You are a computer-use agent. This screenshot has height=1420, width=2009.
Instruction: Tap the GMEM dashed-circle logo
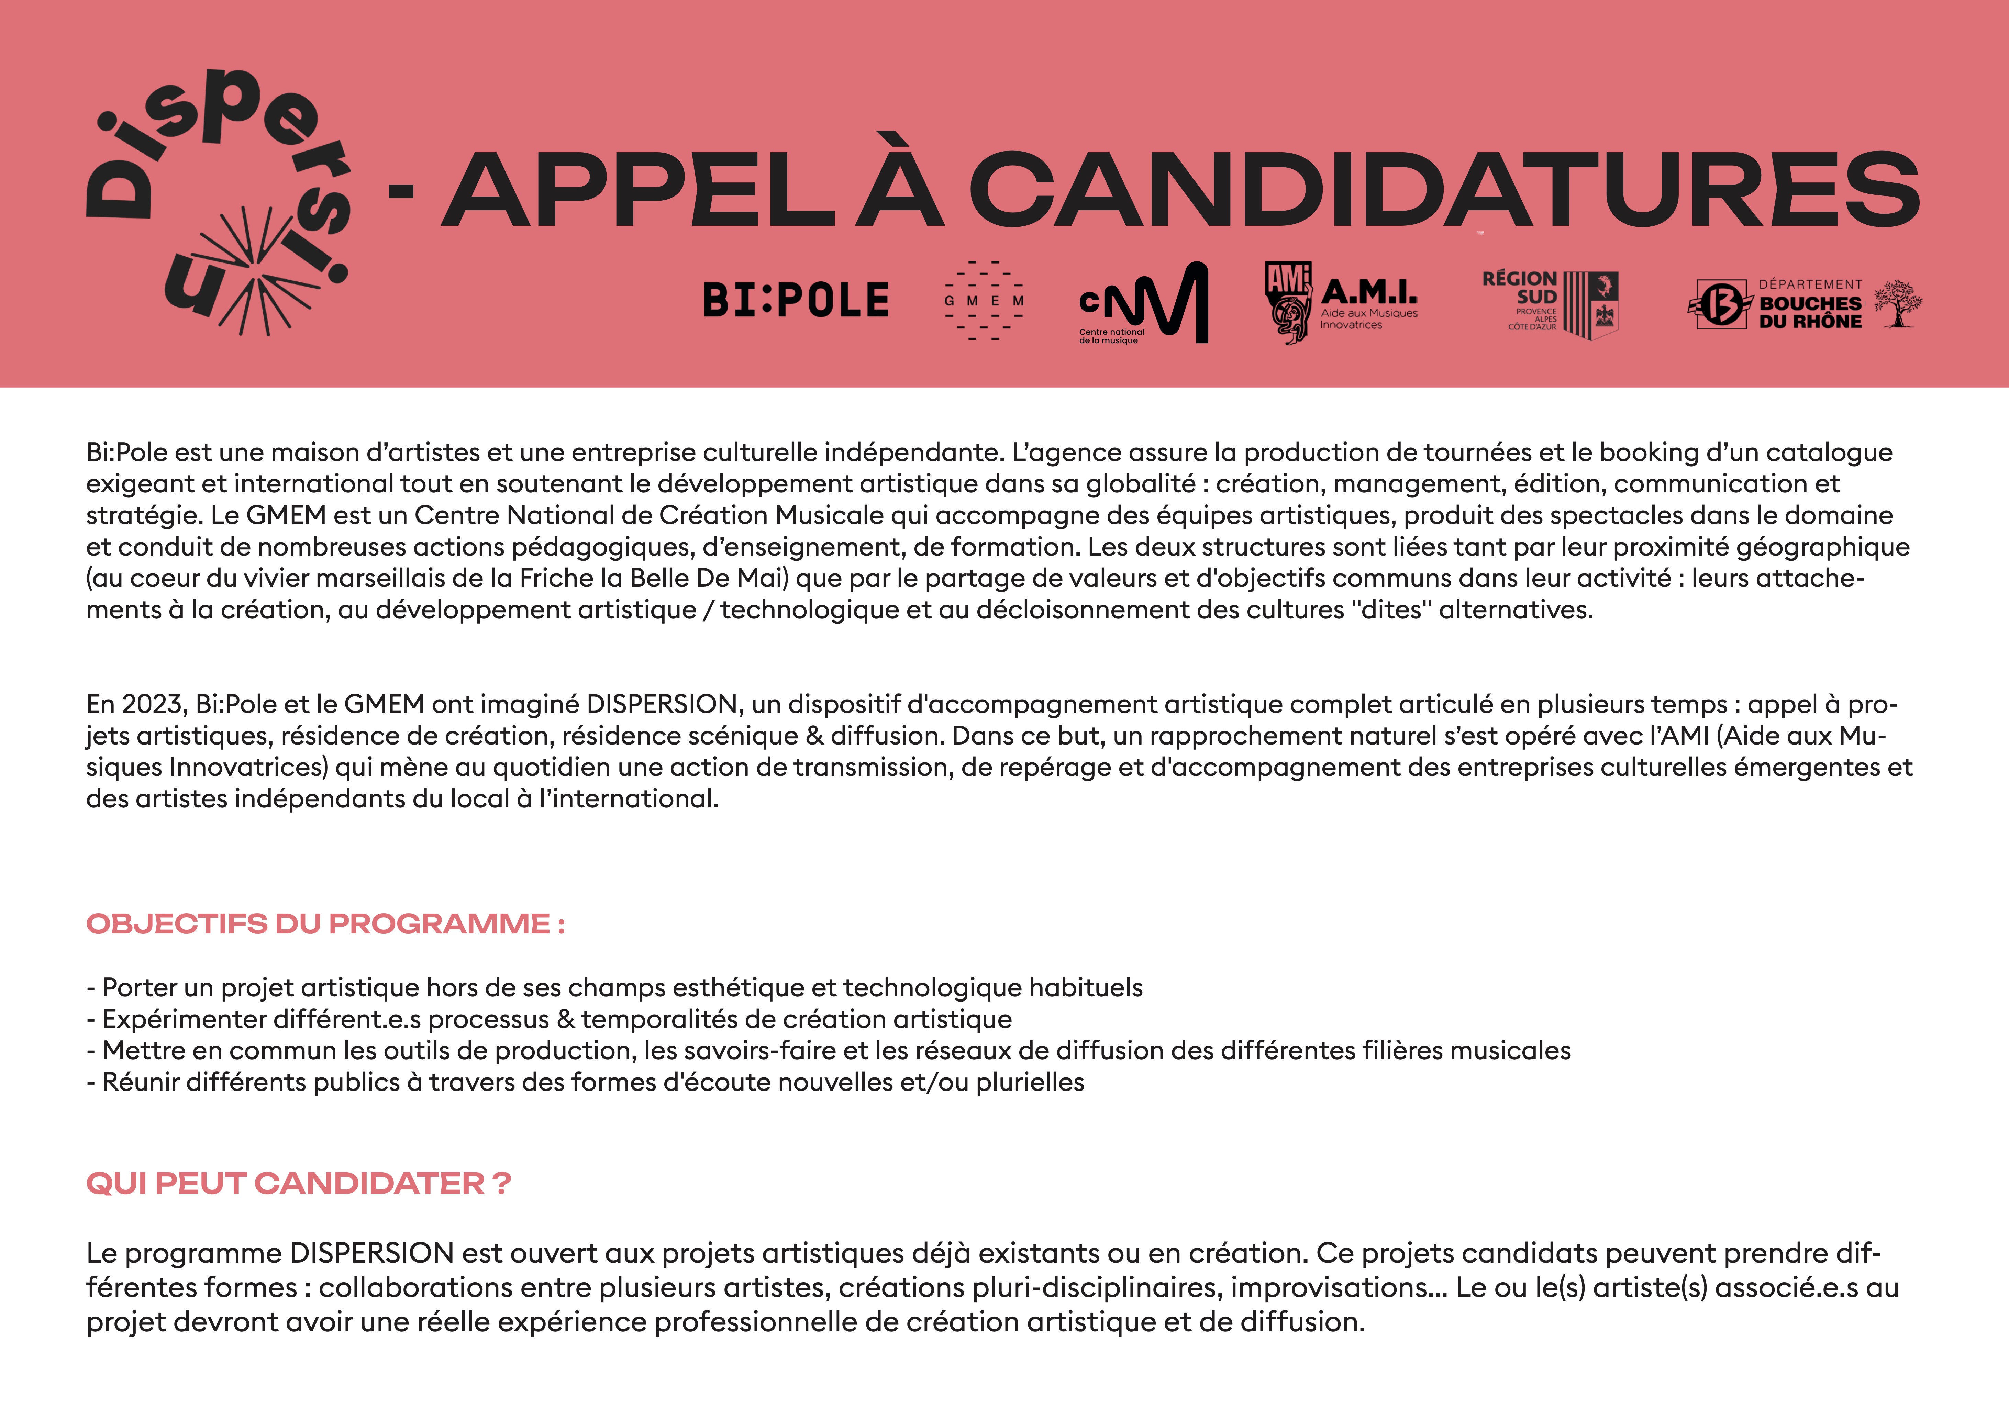984,300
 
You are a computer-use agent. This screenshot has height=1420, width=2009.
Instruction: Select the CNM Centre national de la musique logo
1143,303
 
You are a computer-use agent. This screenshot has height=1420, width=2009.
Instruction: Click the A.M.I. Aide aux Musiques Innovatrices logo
1341,303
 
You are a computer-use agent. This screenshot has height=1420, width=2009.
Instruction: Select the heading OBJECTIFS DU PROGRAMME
325,924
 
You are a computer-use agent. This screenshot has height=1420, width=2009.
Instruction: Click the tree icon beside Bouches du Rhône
1898,303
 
